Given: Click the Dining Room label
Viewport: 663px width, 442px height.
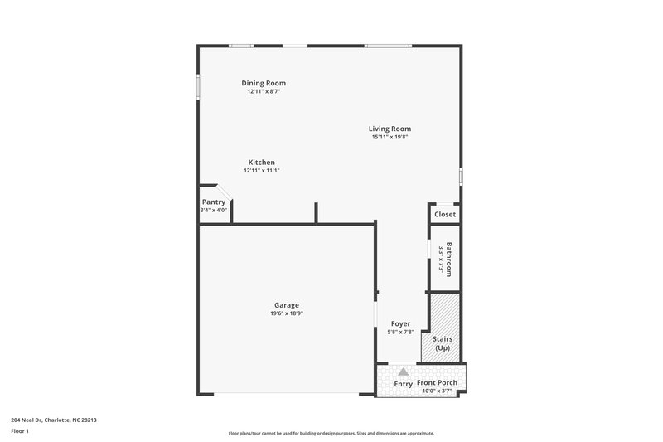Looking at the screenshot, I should (264, 83).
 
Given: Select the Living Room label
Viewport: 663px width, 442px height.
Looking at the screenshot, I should (390, 129).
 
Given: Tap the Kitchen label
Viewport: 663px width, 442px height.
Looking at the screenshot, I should (261, 162).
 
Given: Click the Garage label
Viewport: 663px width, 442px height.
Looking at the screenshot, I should (287, 305).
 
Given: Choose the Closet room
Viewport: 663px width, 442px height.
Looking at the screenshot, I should (445, 214).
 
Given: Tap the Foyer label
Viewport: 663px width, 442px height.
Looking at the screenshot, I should (400, 323).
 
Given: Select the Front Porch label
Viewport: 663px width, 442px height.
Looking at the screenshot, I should (437, 382).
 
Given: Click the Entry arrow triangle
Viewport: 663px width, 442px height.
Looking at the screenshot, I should (403, 372).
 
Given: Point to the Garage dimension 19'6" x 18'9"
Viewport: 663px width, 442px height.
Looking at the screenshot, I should (287, 313).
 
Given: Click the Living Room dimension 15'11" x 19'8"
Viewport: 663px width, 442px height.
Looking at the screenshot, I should (390, 137).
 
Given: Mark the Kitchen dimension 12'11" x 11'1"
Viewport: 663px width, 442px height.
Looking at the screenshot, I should (261, 170).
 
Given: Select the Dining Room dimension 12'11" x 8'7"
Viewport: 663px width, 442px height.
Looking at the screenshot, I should (264, 91).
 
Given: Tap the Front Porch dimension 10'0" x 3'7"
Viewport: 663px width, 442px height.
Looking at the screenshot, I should (437, 390).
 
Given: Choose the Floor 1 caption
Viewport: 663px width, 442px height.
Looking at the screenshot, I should (21, 431).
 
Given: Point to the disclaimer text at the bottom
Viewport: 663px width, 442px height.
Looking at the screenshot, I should (331, 433).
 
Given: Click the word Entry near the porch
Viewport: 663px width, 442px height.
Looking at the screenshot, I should (403, 384).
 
